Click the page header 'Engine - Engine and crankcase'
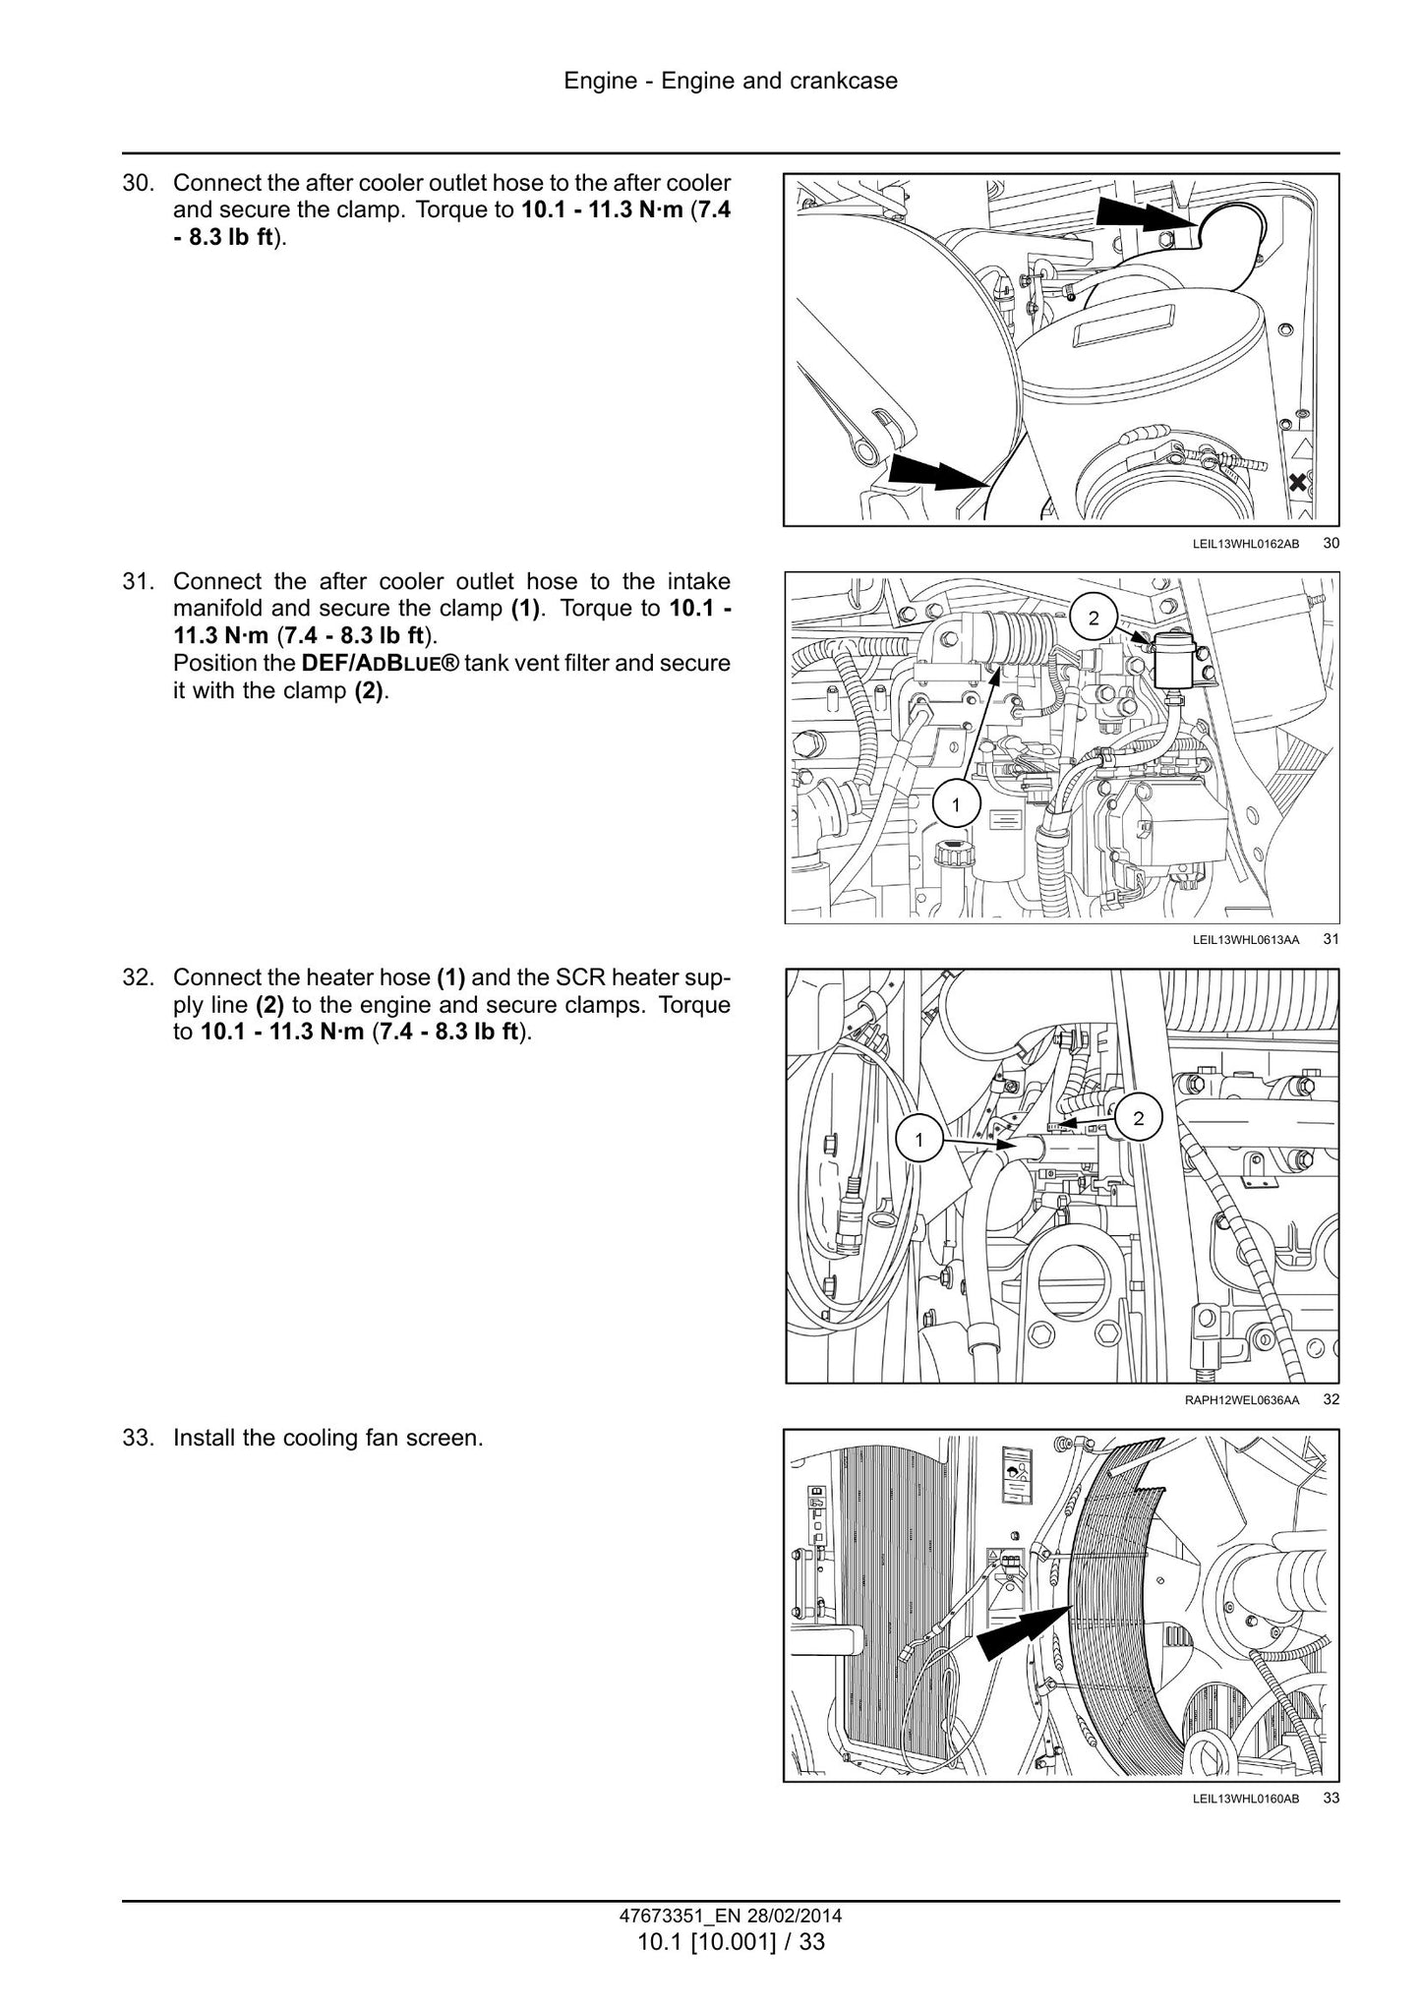click(731, 81)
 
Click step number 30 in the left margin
click(141, 183)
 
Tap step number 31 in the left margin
click(141, 581)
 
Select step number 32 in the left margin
click(141, 977)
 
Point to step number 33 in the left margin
click(141, 1438)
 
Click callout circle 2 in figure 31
click(1094, 618)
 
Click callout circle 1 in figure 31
click(955, 806)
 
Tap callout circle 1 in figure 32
click(918, 1141)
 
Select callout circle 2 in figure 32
click(1139, 1118)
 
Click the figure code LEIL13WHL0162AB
click(1246, 543)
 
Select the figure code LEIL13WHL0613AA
click(1246, 940)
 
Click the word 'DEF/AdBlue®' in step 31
click(381, 663)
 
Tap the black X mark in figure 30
click(1298, 483)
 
